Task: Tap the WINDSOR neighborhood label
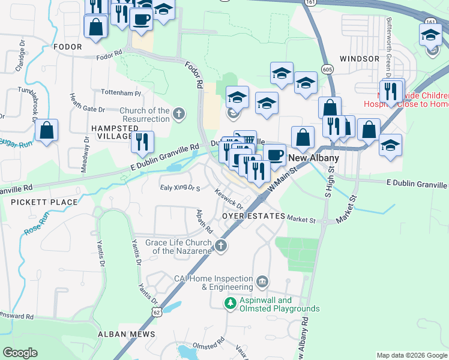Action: coord(359,59)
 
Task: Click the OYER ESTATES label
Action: coord(252,215)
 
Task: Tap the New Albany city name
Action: coord(314,158)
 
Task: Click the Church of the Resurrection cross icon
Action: coord(178,114)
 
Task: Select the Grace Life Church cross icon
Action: coord(221,245)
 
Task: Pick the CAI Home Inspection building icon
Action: coord(262,281)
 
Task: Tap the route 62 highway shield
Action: coord(157,312)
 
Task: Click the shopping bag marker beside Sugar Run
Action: coord(47,130)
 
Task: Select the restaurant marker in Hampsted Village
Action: coord(142,142)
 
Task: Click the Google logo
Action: coord(20,353)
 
